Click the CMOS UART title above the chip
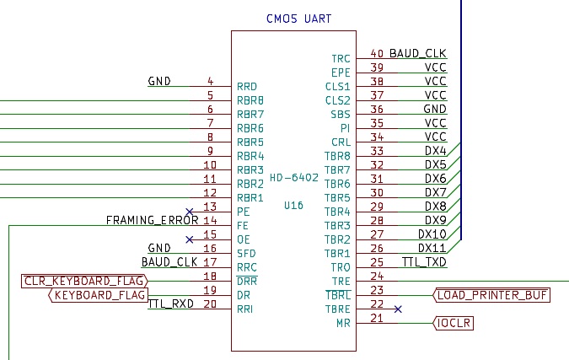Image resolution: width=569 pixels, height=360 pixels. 298,19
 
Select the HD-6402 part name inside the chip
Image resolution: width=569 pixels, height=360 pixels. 294,177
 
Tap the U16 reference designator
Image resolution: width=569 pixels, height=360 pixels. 293,206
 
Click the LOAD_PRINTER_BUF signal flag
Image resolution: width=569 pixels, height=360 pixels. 491,295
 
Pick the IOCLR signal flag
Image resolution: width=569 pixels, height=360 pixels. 454,323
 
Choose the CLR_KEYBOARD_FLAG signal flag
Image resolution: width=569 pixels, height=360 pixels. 84,282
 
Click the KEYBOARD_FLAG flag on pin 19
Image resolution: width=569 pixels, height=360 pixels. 98,295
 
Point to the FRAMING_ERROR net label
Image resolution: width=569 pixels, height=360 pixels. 152,220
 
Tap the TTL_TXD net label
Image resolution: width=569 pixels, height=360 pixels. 424,262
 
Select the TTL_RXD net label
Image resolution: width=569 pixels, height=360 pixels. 171,304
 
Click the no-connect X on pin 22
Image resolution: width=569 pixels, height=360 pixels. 398,309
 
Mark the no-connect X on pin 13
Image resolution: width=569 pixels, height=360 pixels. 190,212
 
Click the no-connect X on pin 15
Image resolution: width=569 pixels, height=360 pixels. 190,239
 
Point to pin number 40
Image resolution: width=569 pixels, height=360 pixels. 377,53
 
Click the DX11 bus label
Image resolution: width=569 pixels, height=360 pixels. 432,248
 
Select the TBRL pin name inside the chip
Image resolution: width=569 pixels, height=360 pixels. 338,295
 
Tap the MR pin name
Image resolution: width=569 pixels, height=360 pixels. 343,323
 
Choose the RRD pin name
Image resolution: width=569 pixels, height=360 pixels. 247,87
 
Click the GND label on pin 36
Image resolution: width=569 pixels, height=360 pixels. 435,109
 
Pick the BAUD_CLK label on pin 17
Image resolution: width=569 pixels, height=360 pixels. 169,262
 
